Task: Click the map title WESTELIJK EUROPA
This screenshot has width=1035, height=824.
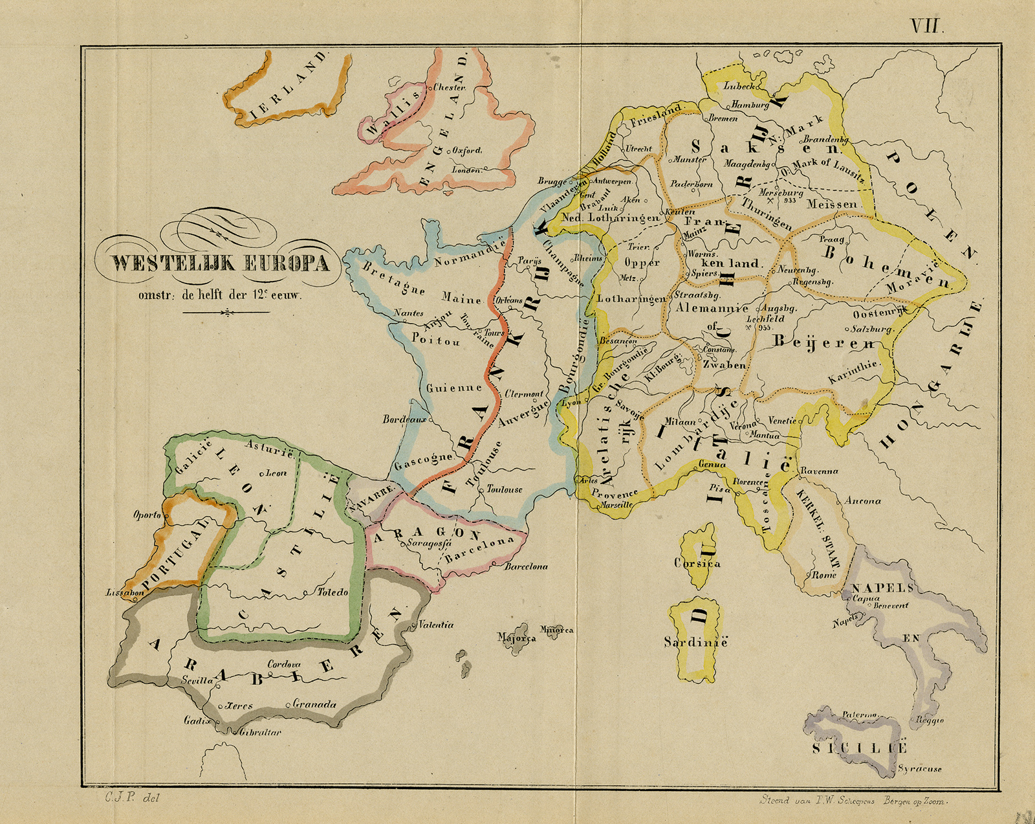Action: click(x=220, y=263)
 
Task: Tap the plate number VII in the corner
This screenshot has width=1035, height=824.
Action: click(x=928, y=26)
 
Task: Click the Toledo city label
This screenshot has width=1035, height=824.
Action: click(x=332, y=592)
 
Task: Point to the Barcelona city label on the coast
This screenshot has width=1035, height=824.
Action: click(x=526, y=566)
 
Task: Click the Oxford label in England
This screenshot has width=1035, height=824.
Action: click(x=466, y=150)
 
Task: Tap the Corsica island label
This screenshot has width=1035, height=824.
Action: click(x=697, y=563)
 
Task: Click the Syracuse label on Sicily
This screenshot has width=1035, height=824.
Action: click(x=919, y=769)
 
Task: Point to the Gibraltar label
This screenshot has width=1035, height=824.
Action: click(x=260, y=732)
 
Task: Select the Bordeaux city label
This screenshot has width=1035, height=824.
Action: click(x=404, y=419)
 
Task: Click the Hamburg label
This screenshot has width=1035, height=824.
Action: click(x=750, y=104)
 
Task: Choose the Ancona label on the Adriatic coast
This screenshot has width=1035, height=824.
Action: click(x=862, y=500)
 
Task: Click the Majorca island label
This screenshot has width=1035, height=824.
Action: click(x=516, y=638)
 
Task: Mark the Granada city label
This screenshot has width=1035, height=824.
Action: click(x=314, y=704)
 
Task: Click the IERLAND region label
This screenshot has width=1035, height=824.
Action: click(x=287, y=88)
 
